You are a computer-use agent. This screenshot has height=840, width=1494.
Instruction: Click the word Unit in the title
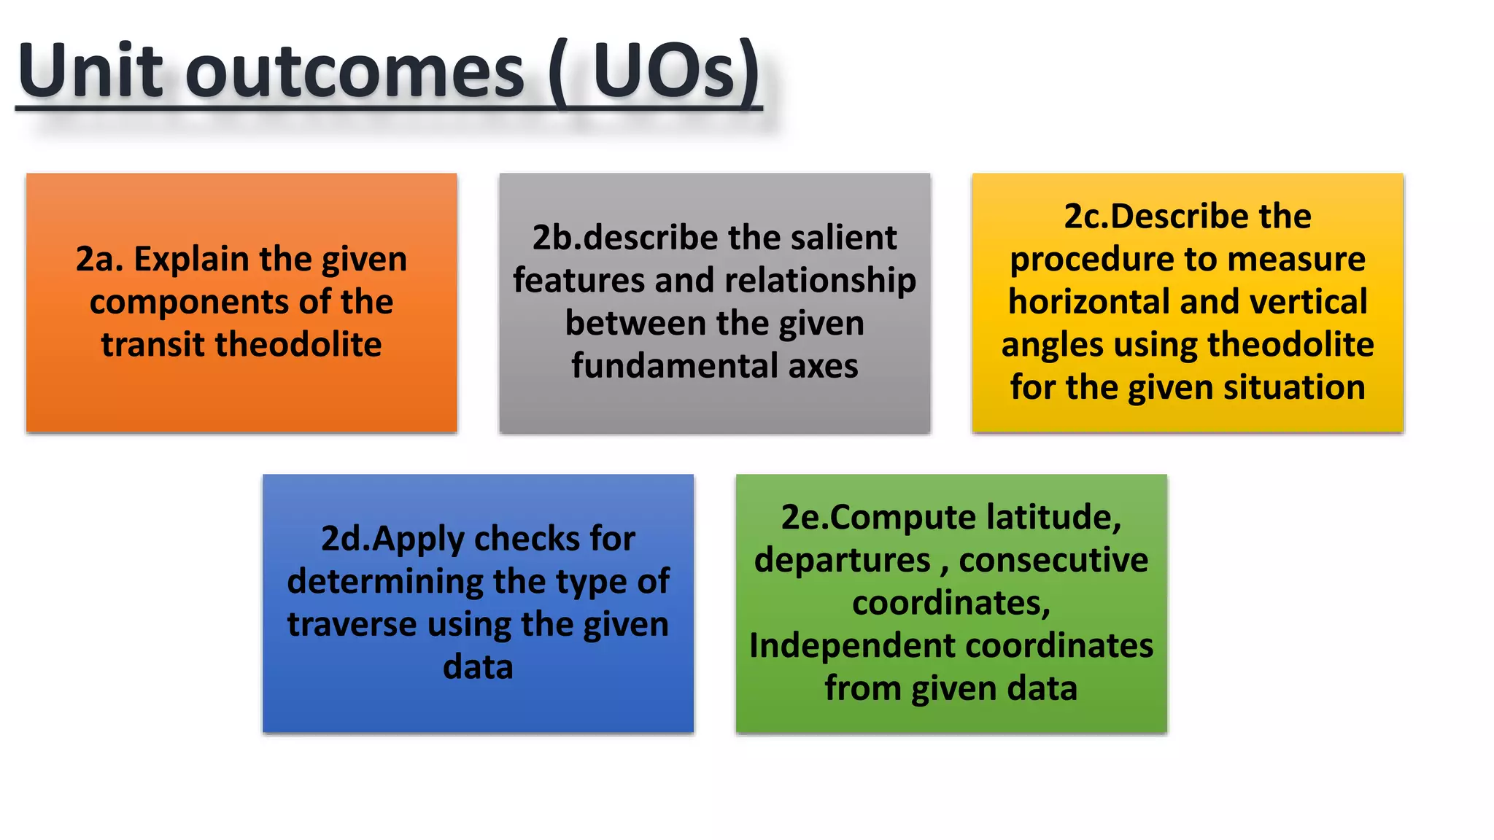tap(90, 71)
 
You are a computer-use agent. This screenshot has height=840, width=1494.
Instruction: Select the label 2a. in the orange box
tap(99, 260)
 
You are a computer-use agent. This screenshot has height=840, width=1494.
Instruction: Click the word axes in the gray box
tap(823, 366)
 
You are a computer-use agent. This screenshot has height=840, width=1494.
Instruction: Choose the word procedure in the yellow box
tap(1088, 260)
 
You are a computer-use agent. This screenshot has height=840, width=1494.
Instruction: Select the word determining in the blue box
tap(384, 582)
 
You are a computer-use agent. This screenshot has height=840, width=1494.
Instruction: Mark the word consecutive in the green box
tap(1053, 561)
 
